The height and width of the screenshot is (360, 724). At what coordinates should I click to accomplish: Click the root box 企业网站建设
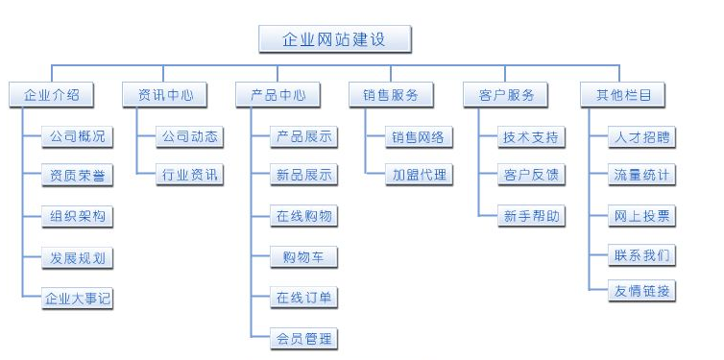[x=335, y=39]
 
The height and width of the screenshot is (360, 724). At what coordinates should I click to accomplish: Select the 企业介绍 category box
[x=52, y=94]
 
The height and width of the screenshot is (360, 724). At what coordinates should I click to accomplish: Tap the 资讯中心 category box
[x=165, y=94]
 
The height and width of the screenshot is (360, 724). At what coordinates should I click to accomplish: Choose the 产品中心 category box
[x=278, y=94]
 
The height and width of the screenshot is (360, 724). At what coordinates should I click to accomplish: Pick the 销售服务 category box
[x=391, y=94]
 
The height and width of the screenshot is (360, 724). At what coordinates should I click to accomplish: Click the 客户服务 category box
[x=505, y=94]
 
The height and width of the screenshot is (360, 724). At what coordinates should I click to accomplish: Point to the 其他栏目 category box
[x=623, y=94]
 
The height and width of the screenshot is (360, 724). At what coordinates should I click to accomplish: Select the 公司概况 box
[x=78, y=136]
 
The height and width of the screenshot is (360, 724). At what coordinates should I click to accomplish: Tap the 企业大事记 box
[x=78, y=298]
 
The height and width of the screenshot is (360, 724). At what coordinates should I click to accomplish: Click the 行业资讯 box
[x=190, y=175]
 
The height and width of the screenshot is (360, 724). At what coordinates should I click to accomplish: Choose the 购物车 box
[x=303, y=257]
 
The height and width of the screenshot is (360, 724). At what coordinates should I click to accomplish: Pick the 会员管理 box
[x=303, y=338]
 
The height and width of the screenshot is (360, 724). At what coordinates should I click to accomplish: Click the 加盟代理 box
[x=418, y=175]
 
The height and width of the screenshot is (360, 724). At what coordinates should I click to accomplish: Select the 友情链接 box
[x=642, y=291]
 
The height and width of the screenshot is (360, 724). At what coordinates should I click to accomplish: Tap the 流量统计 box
[x=642, y=175]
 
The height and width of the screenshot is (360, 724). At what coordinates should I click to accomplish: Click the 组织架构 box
[x=78, y=216]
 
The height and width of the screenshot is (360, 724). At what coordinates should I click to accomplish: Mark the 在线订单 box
[x=303, y=298]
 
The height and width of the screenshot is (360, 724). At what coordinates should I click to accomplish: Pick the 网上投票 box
[x=642, y=215]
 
